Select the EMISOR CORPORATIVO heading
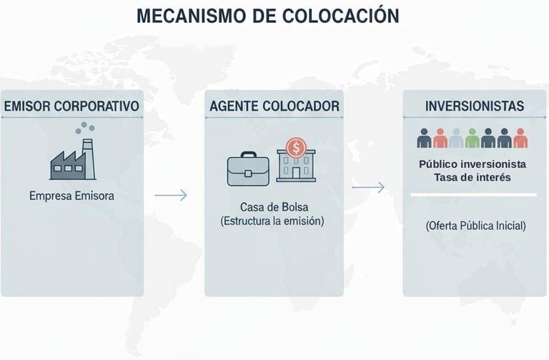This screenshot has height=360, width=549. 71,106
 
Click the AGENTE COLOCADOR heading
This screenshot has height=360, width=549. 274,106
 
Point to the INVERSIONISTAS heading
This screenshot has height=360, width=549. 475,106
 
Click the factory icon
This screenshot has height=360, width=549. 72,161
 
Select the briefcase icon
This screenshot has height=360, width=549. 248,169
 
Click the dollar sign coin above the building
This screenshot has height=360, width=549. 296,147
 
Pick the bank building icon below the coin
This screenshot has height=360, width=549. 296,168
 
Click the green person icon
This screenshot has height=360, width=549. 473,138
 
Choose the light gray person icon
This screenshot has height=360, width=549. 456,138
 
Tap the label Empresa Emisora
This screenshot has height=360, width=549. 71,195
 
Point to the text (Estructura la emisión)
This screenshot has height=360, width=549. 273,221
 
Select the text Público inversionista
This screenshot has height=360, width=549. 473,164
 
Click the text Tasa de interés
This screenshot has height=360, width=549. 473,177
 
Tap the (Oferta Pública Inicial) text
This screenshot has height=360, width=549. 475,226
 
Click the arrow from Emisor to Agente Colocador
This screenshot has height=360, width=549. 171,195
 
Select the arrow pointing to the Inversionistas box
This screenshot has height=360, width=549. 368,187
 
